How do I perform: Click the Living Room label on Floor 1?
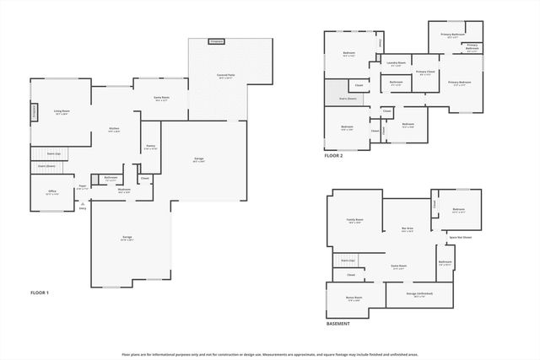click(62, 112)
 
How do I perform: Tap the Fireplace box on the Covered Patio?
click(217, 40)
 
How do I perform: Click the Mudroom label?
click(124, 190)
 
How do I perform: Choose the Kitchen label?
click(114, 130)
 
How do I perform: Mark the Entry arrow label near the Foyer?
click(83, 207)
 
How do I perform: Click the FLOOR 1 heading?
click(40, 292)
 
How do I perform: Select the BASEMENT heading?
click(339, 324)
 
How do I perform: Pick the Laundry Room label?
click(397, 63)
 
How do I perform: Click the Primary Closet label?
click(425, 73)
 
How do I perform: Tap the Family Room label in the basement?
click(354, 221)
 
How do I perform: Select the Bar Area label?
click(407, 228)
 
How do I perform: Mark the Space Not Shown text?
click(460, 237)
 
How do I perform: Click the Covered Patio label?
click(226, 76)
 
